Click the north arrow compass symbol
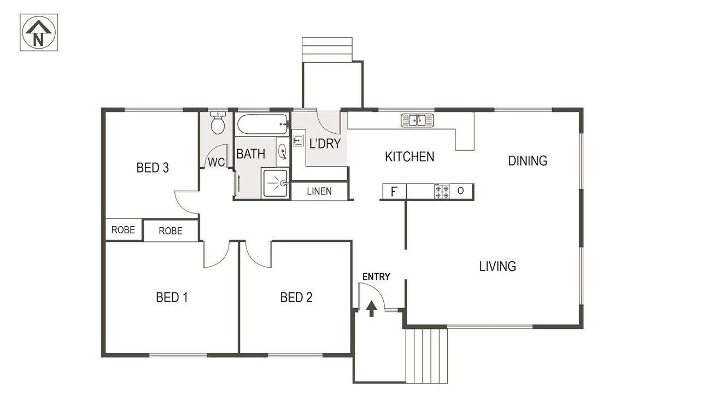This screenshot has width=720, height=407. click(x=39, y=32)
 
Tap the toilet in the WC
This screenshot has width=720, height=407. click(x=218, y=123)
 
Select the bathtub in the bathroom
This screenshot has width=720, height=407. click(x=263, y=125)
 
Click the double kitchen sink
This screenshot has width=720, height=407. click(x=417, y=121)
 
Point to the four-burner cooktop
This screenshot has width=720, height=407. click(x=442, y=191)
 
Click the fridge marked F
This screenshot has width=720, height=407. click(x=394, y=191)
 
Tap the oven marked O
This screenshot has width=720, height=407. click(x=461, y=191)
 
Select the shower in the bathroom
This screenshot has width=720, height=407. click(x=275, y=183)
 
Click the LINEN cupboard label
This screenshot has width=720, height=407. click(x=319, y=191)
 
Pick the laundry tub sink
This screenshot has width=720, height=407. click(x=298, y=140)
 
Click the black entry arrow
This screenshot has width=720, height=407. click(x=372, y=308)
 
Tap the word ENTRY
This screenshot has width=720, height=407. click(x=376, y=276)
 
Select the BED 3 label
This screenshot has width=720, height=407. click(x=153, y=168)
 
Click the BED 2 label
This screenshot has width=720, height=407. click(x=296, y=297)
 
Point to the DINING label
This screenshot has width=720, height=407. click(x=528, y=161)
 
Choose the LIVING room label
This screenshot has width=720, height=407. click(x=497, y=266)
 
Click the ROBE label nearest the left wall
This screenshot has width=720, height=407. click(x=123, y=230)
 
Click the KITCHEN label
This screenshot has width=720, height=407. click(x=409, y=157)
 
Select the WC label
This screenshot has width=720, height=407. click(x=216, y=163)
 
